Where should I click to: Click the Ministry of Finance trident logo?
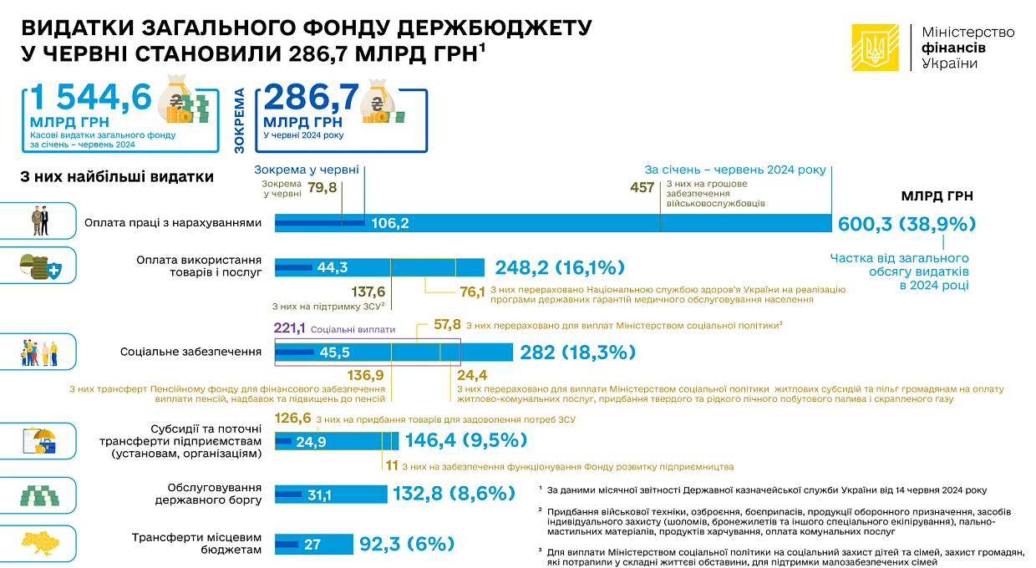875,48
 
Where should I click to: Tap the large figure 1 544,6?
91,97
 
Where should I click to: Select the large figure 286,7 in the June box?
312,97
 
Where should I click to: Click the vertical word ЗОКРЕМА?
239,121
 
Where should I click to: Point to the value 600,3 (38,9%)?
906,224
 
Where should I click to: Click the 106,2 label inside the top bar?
390,223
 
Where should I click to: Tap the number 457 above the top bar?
642,188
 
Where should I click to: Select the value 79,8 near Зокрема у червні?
322,188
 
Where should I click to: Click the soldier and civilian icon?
41,221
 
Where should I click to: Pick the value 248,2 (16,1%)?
560,267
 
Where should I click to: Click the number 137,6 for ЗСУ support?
368,292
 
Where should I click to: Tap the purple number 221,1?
290,328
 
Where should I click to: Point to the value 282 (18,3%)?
577,352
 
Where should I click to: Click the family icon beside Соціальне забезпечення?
39,353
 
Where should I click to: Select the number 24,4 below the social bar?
472,375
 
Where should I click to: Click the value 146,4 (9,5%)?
466,440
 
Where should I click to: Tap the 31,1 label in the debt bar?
320,495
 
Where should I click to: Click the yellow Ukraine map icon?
40,544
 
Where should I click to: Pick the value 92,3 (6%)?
407,544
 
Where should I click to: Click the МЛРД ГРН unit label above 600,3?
937,196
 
